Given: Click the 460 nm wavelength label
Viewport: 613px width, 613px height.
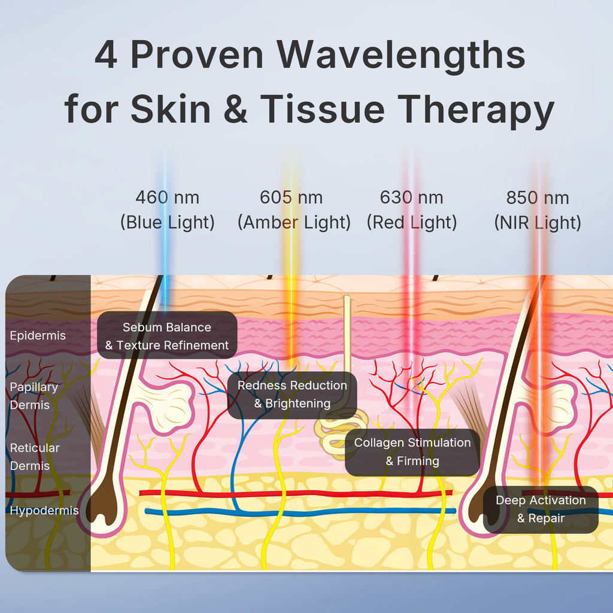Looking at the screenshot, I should [x=167, y=197].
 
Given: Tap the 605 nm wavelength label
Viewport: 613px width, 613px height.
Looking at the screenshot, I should [x=291, y=197].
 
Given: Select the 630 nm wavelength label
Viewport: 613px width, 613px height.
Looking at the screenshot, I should [x=412, y=197].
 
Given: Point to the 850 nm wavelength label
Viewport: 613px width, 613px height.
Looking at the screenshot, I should [x=538, y=198].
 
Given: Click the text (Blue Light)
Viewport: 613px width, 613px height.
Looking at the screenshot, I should [x=167, y=223].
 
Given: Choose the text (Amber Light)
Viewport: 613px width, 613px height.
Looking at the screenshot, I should [x=294, y=223].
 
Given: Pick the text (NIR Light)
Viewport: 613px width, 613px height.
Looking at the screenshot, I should [x=538, y=223].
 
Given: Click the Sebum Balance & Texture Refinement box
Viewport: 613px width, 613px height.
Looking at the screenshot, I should [x=167, y=336].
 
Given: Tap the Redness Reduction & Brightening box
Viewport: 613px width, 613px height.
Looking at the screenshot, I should [x=292, y=394].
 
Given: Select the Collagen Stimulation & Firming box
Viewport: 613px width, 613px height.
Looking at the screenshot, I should [x=412, y=452].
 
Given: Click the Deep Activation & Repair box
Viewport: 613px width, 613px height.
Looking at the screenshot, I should [x=541, y=509].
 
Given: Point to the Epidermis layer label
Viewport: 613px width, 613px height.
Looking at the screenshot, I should [x=38, y=336].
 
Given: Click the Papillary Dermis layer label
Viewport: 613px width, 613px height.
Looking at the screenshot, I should [x=34, y=396].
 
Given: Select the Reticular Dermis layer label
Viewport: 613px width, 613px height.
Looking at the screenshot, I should [x=35, y=456].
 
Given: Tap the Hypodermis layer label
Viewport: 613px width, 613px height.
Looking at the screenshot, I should [x=44, y=511].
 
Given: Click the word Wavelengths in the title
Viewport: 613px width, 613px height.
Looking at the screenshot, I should [x=402, y=55].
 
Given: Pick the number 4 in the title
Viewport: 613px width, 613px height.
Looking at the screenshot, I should [x=106, y=55].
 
